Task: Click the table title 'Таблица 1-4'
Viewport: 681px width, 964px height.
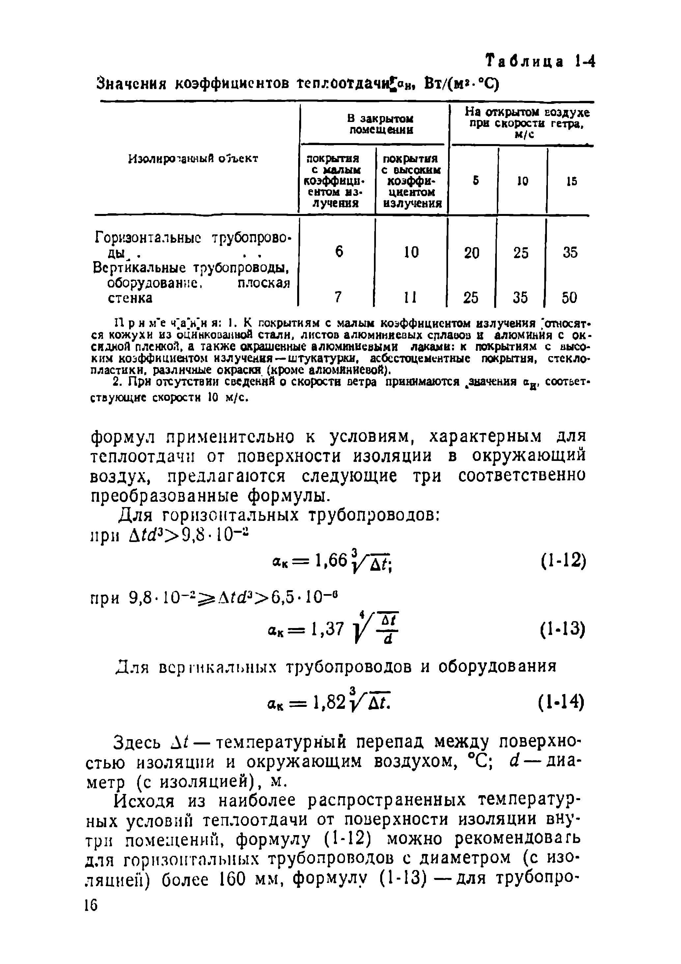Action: pyautogui.click(x=540, y=62)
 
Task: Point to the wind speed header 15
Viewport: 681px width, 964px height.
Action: pyautogui.click(x=571, y=181)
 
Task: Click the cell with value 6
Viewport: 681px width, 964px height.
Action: pyautogui.click(x=339, y=252)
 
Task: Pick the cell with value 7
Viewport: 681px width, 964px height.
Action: pyautogui.click(x=338, y=297)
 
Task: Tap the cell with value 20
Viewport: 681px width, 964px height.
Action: pyautogui.click(x=471, y=252)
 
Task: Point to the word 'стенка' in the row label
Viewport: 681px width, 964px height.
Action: pyautogui.click(x=130, y=298)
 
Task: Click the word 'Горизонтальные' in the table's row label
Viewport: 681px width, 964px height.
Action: pyautogui.click(x=148, y=238)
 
